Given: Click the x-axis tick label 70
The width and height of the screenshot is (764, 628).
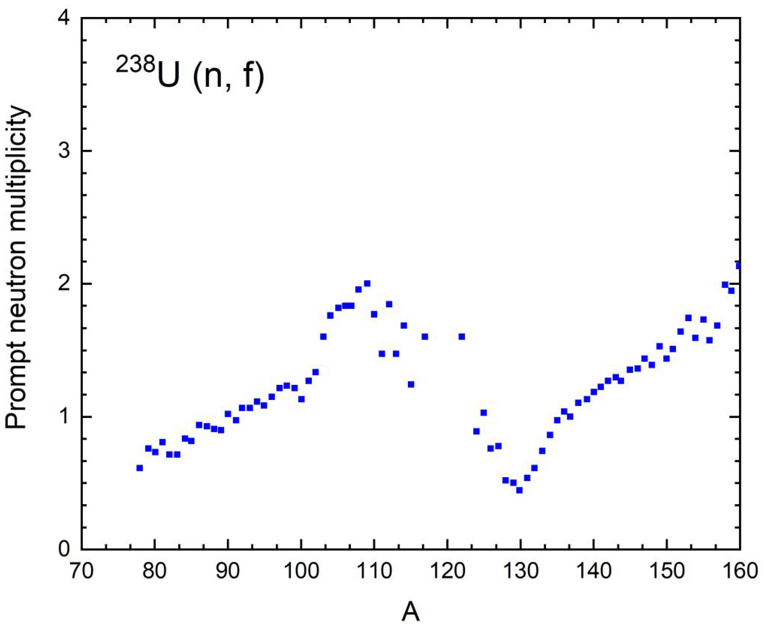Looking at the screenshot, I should coord(81,572).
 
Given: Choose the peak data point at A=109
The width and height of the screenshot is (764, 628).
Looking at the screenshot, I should coord(367,283).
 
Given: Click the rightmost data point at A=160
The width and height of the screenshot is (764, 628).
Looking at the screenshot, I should coord(738,266).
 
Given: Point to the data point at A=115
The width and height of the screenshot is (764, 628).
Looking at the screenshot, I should coord(411,384).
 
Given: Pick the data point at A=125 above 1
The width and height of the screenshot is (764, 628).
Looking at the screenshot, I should coord(483,413).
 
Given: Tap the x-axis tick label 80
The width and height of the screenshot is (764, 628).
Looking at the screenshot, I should coord(155,572).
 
